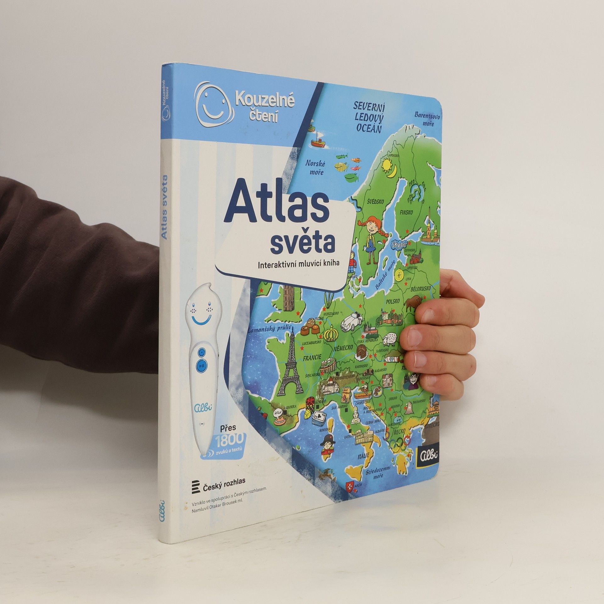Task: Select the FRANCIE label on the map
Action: click(x=312, y=357)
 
